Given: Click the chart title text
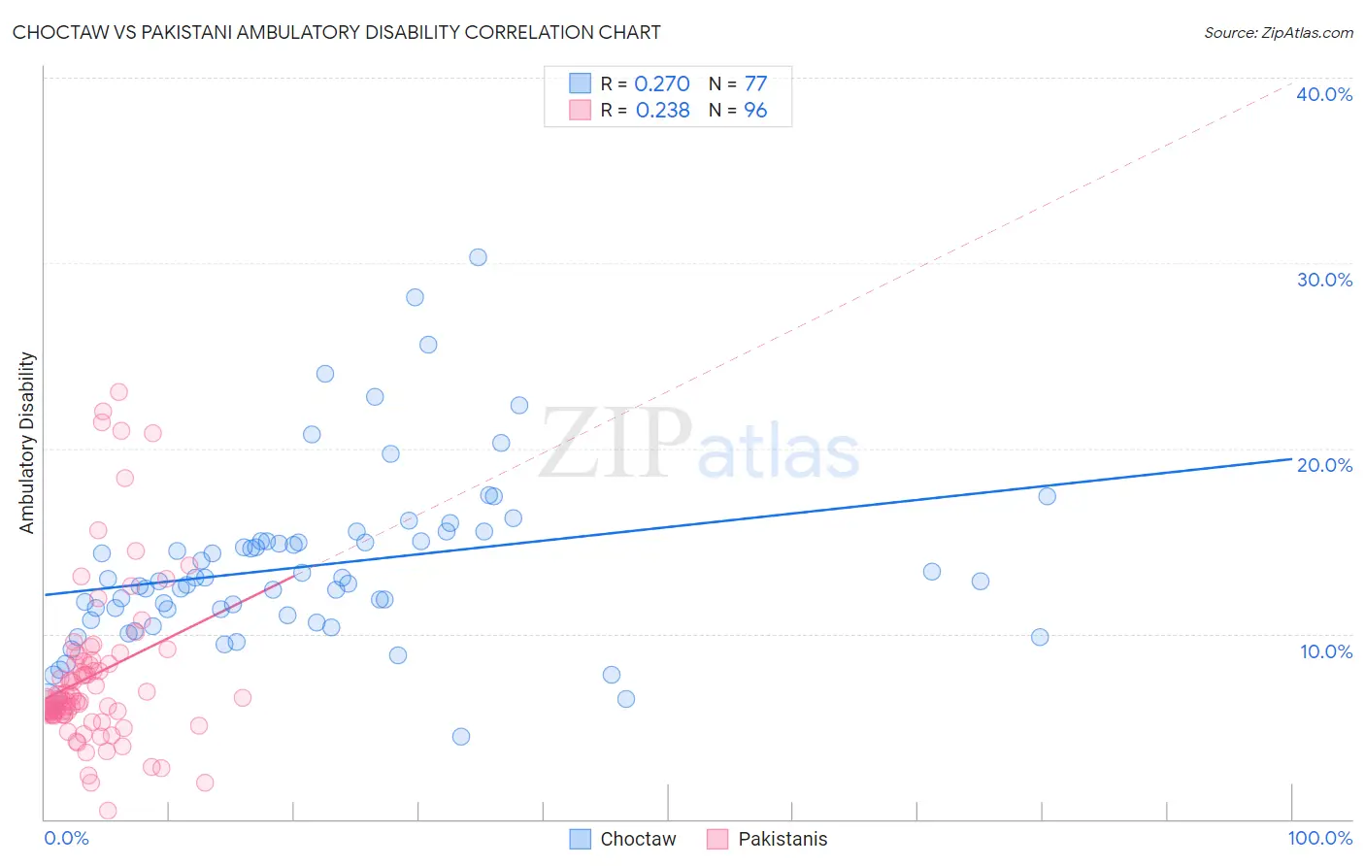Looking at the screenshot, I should point(336,32).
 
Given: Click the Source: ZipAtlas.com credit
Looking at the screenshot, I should point(1278,32).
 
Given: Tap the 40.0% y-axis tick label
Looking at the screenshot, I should point(1324,94).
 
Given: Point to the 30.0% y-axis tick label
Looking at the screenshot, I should point(1324,280).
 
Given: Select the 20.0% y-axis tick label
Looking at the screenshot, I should point(1324,465).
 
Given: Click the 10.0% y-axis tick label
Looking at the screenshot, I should point(1324,651).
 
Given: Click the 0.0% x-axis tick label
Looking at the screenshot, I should point(66,838).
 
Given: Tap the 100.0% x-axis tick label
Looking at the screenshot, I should point(1319,838).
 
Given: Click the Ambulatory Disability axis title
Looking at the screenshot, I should point(27,443).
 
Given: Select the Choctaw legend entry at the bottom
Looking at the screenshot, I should point(622,839).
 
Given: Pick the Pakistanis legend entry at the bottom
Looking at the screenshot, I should point(767,839).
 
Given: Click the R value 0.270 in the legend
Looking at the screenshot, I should point(661,83).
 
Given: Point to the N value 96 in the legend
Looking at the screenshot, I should point(755,110).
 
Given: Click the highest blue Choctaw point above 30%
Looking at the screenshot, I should point(478,257).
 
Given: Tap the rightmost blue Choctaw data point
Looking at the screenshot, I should point(1047,496).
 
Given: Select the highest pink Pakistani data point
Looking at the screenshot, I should point(118,392).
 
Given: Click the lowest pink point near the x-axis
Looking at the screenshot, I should point(108,810).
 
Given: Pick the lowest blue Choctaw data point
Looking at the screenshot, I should point(461,737).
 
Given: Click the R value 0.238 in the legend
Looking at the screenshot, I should point(662,110).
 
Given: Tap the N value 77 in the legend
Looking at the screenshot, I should point(755,83).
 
